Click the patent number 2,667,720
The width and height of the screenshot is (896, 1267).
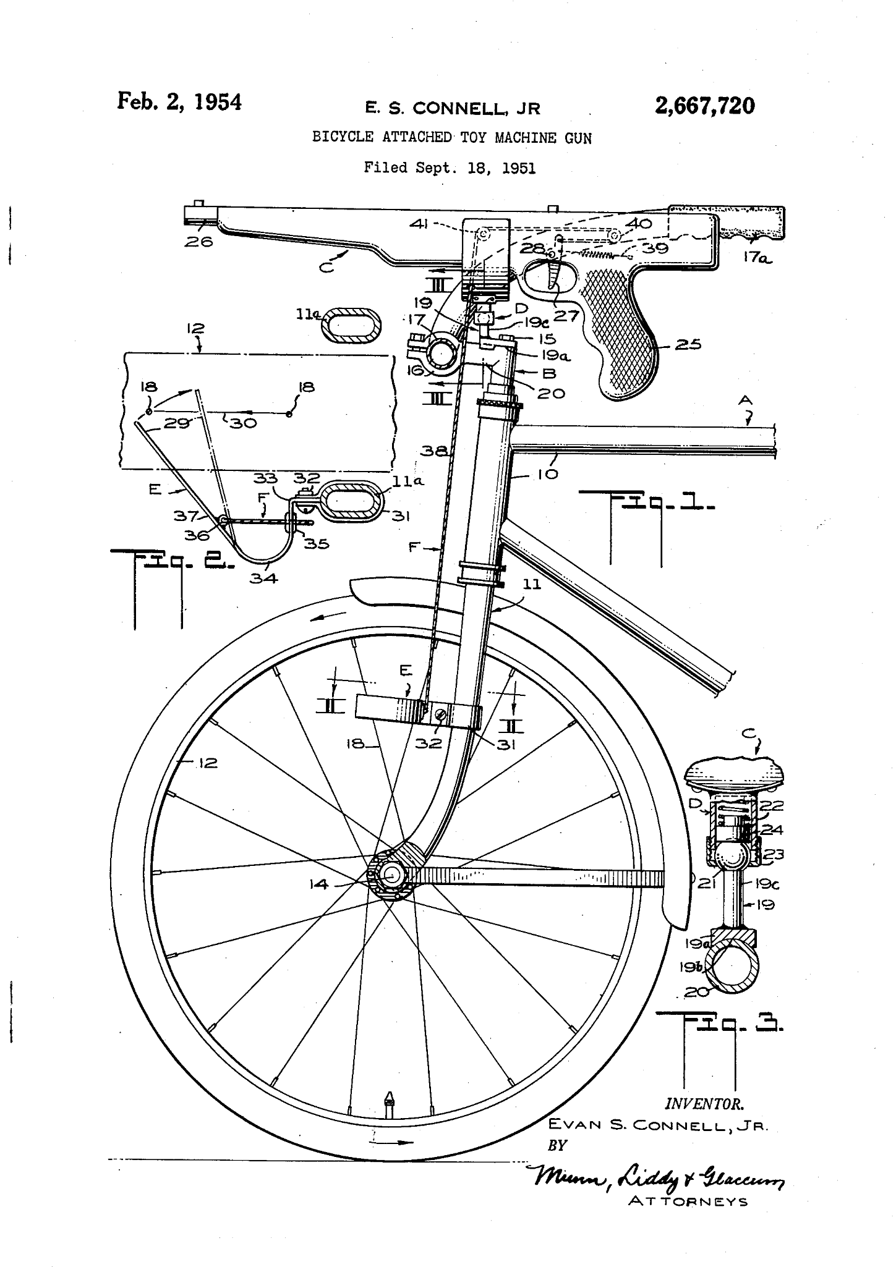point(705,106)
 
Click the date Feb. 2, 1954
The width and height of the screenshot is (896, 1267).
point(179,101)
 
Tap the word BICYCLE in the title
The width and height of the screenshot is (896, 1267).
point(343,138)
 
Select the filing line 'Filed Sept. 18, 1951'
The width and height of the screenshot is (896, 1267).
point(450,167)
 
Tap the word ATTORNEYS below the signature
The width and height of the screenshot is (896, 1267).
point(688,1201)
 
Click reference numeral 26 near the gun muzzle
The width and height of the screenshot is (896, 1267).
point(198,242)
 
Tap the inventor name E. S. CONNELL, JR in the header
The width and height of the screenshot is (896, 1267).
point(453,109)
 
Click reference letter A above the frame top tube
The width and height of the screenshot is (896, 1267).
point(745,401)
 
